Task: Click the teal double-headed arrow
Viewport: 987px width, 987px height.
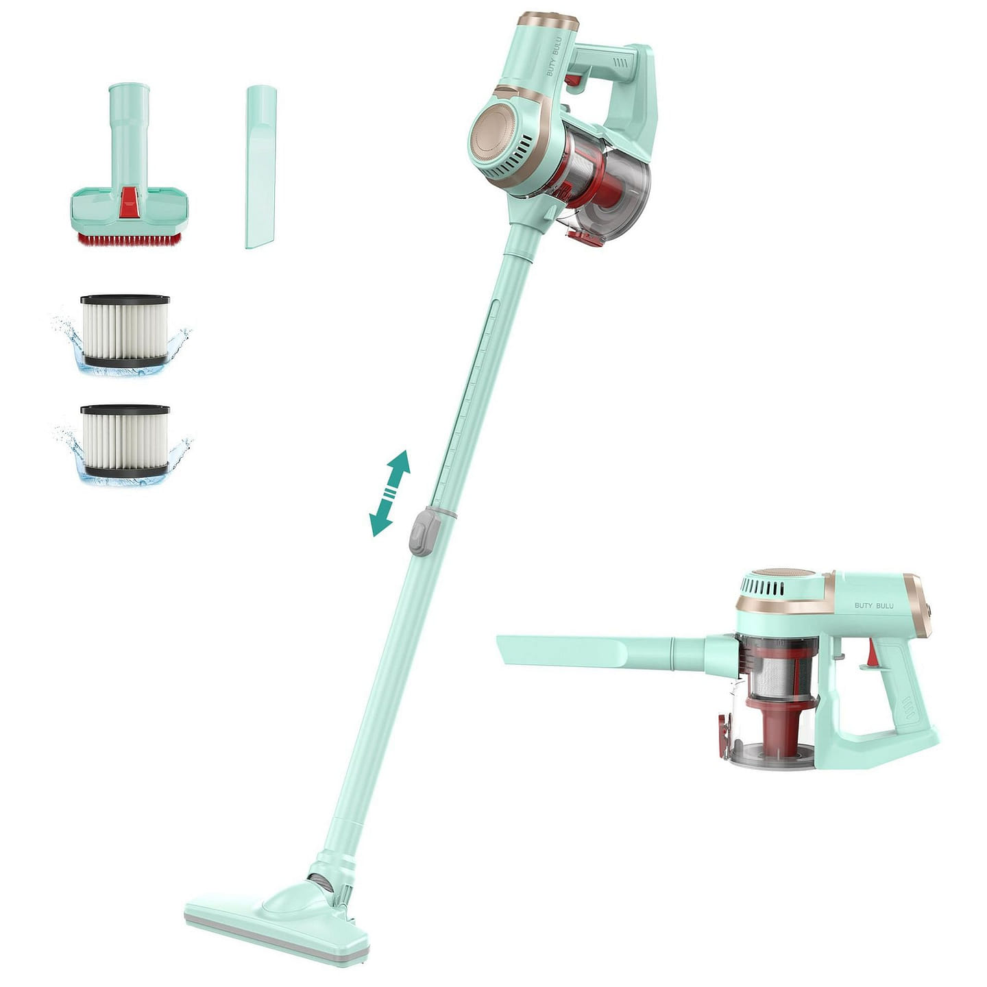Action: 390,493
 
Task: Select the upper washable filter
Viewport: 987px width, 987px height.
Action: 125,331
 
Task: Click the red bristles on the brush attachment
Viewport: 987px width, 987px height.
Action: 129,238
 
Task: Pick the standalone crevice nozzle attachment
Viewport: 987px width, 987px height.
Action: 260,167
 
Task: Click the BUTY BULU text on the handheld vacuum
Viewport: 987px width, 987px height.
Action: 874,605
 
